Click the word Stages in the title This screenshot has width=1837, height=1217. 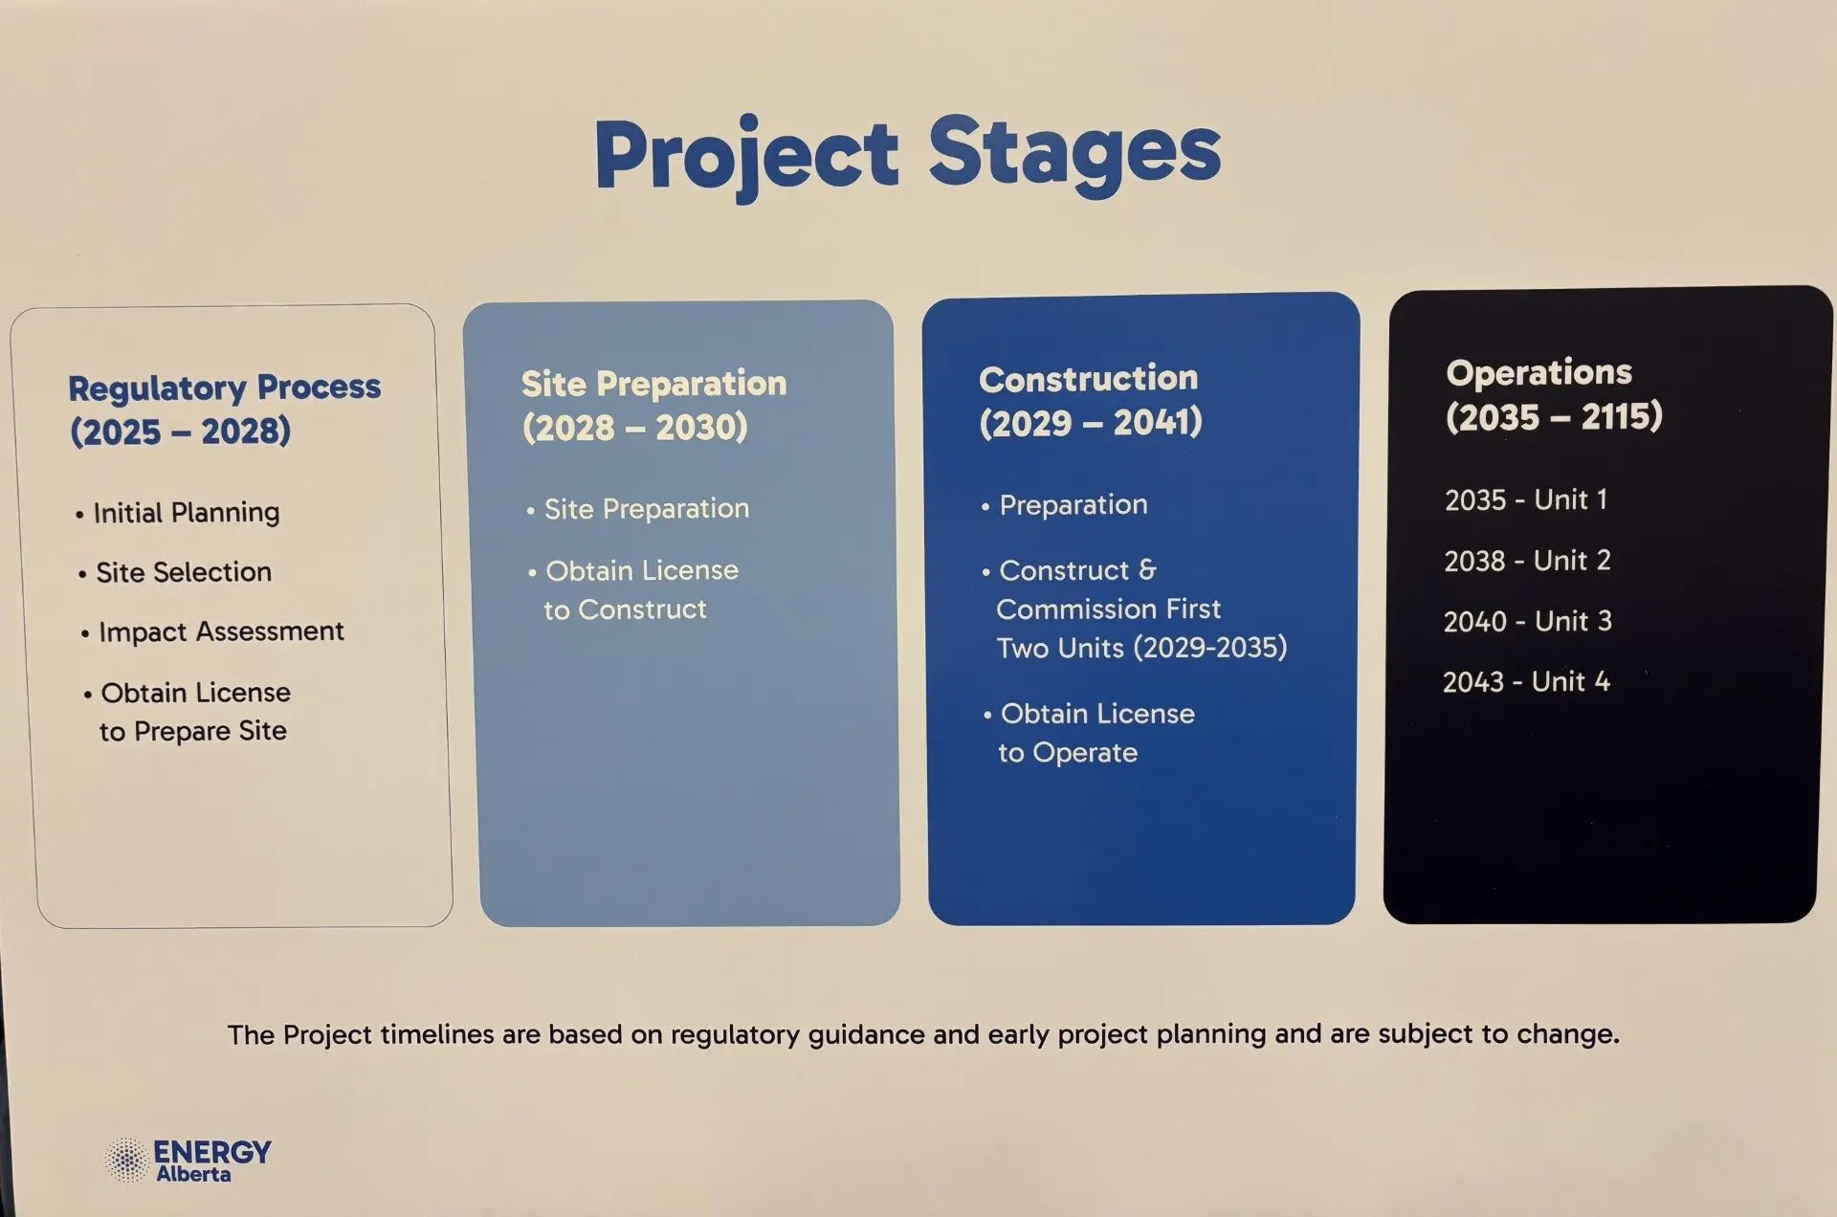click(x=1074, y=152)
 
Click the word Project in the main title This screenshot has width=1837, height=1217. click(x=746, y=156)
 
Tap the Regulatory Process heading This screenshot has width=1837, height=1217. click(x=225, y=388)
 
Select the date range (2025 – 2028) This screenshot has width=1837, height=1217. click(x=180, y=431)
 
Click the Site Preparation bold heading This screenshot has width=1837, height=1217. click(x=654, y=384)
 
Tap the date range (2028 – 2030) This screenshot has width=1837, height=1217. click(x=635, y=427)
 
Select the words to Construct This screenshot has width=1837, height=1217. click(x=626, y=609)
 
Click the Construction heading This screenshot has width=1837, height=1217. click(x=1089, y=379)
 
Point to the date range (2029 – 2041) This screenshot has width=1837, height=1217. click(x=1091, y=422)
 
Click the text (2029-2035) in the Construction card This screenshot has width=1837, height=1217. click(x=1210, y=648)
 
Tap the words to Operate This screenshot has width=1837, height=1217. click(x=1068, y=753)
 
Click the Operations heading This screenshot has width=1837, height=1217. click(x=1539, y=372)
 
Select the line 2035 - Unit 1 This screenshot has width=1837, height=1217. click(x=1526, y=499)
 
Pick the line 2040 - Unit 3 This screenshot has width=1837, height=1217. click(x=1528, y=622)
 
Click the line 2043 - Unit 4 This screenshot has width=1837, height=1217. click(x=1526, y=682)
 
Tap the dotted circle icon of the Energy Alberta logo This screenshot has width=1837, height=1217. click(x=126, y=1161)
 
